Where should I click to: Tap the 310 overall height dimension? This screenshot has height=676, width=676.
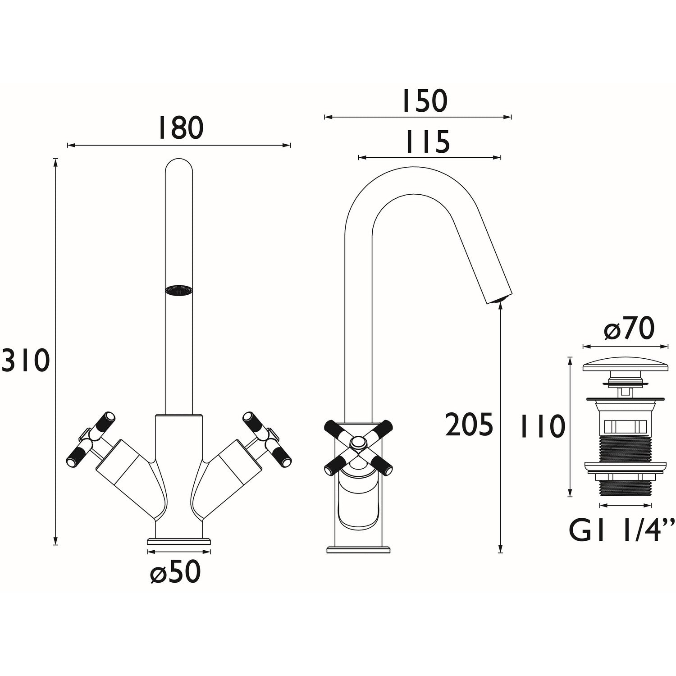click(x=25, y=361)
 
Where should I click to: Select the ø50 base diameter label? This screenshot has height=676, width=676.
click(x=175, y=571)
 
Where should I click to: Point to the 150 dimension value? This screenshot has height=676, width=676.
click(x=424, y=101)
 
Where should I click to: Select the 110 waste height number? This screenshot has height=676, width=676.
click(x=542, y=427)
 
